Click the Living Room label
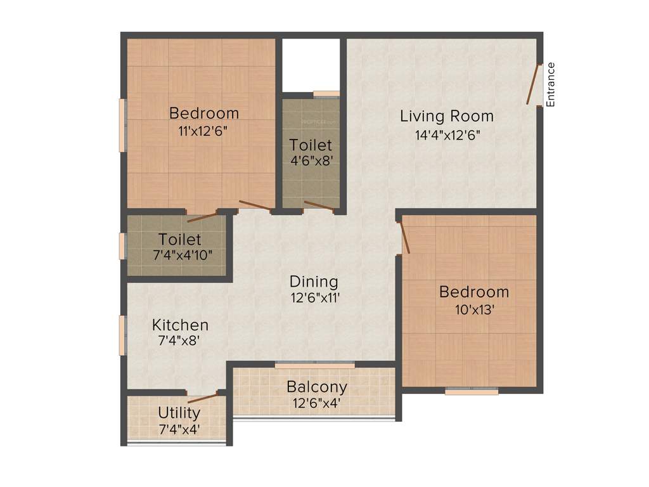(x=446, y=116)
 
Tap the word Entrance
(x=551, y=84)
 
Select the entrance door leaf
(x=532, y=84)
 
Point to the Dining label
(x=314, y=281)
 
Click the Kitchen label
(x=180, y=325)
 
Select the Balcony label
(x=316, y=387)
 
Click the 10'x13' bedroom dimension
(x=473, y=310)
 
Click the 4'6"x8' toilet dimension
(x=311, y=160)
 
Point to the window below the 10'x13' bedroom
(x=472, y=392)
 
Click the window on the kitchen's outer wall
(x=122, y=335)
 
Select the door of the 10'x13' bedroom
(x=404, y=237)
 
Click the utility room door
(x=203, y=398)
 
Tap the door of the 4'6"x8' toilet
(x=319, y=205)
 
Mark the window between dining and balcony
(x=315, y=366)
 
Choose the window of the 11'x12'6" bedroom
(x=122, y=124)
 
